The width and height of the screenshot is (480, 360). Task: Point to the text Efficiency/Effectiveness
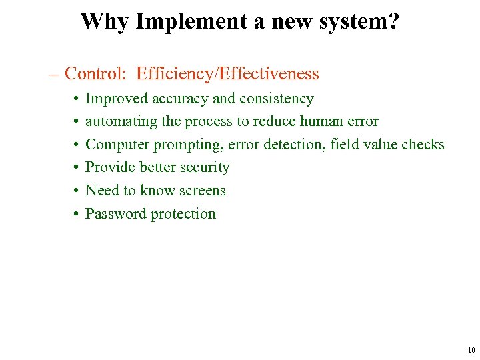point(227,73)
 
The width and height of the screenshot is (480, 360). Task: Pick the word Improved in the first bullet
point(113,99)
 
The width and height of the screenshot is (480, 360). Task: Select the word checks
point(423,145)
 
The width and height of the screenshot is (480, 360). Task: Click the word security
point(203,167)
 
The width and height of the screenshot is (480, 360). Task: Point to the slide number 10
point(471,350)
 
